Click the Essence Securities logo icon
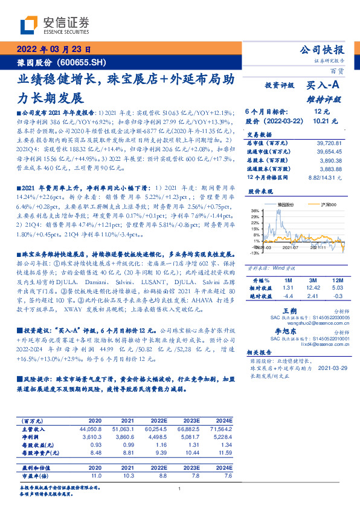pyautogui.click(x=28, y=25)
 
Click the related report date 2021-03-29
pyautogui.click(x=332, y=368)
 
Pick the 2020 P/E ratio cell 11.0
pyautogui.click(x=95, y=475)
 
